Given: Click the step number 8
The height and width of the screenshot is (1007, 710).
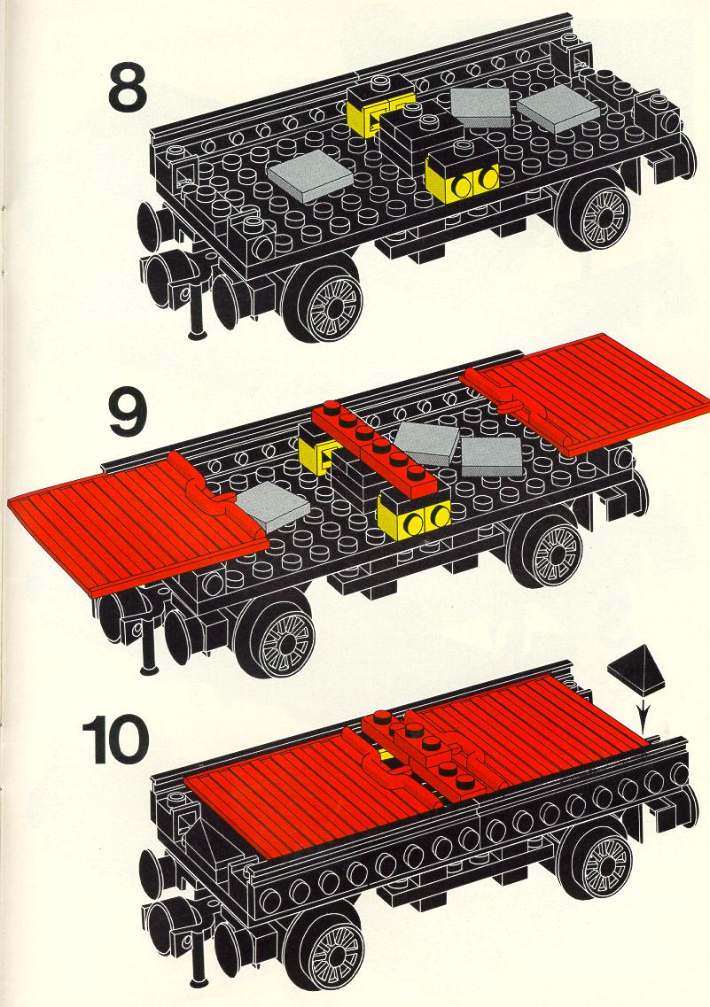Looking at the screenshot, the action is tap(129, 84).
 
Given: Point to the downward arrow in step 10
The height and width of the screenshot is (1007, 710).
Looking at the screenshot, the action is tap(646, 717).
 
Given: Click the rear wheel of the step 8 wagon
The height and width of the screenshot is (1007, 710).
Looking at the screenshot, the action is tap(596, 211).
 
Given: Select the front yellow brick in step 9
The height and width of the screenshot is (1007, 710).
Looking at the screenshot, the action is tap(415, 514).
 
